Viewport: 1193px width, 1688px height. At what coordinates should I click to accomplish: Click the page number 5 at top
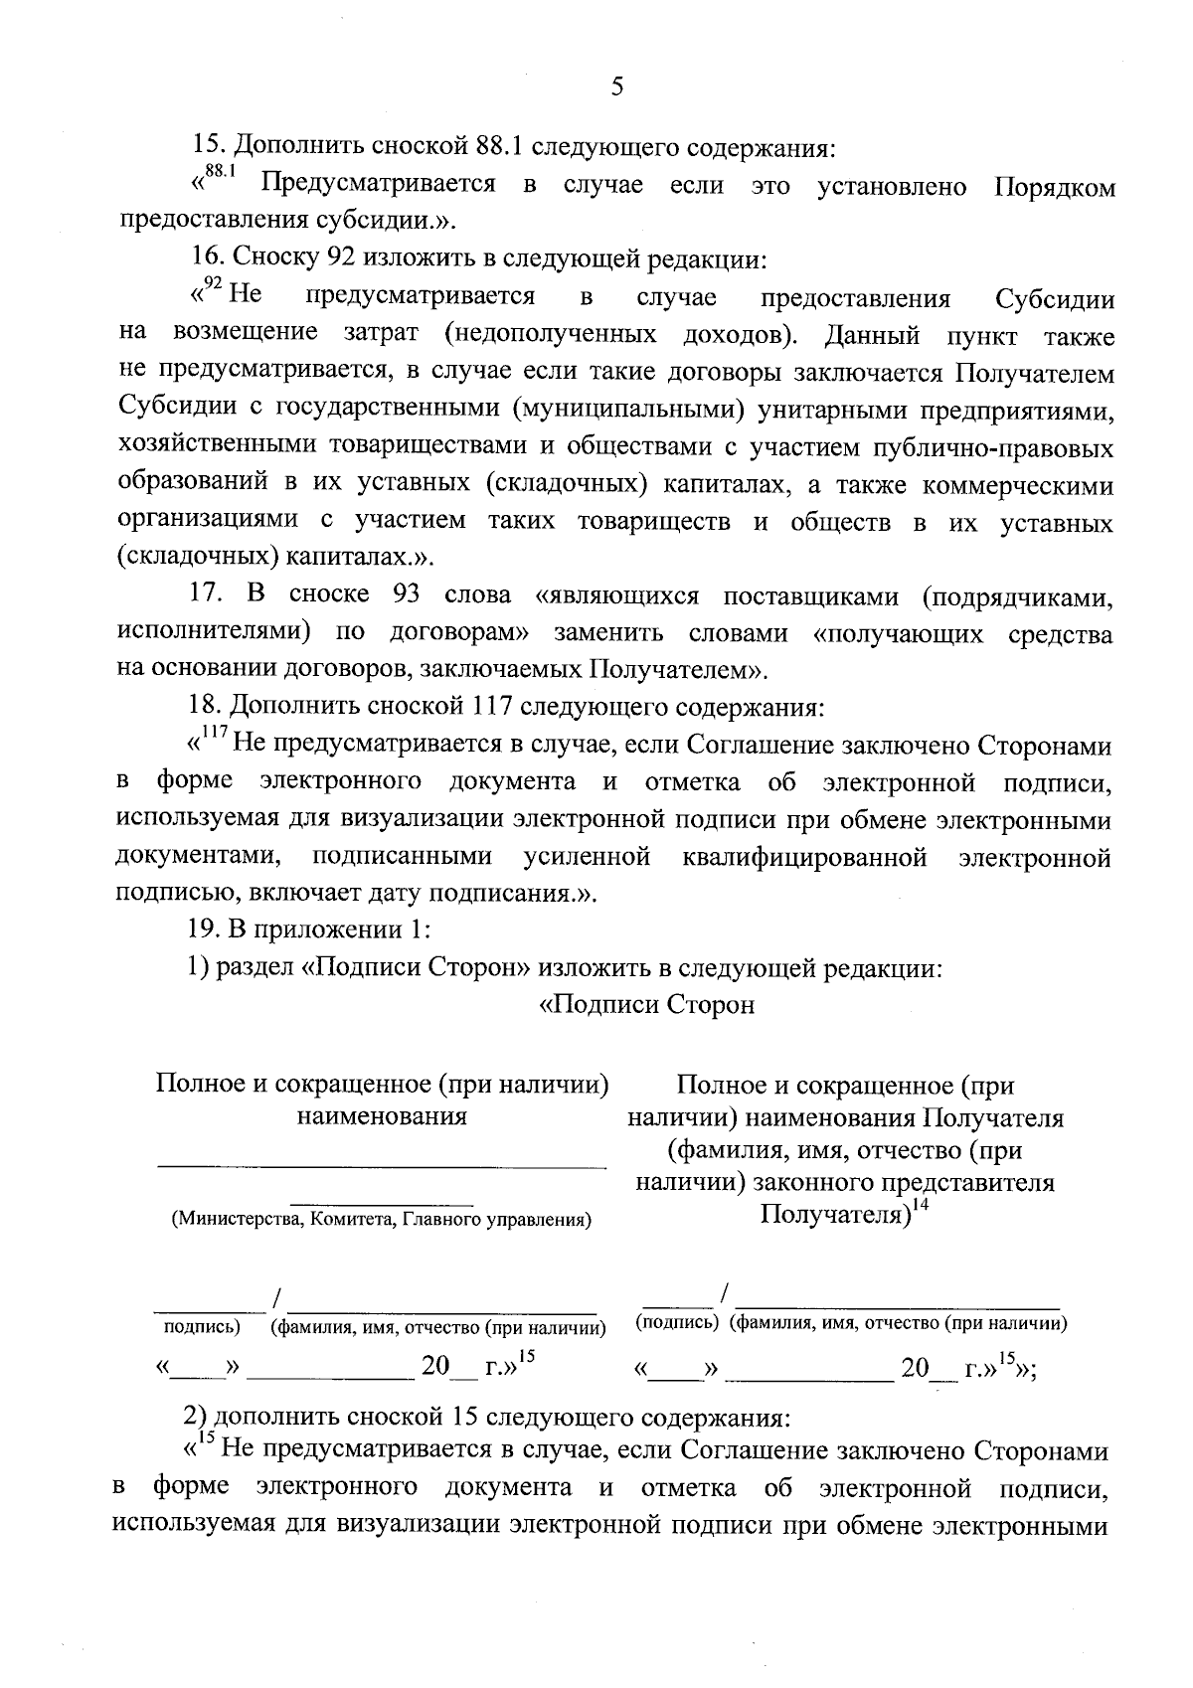(616, 87)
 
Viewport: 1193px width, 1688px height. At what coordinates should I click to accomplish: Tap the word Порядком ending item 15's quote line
(1055, 187)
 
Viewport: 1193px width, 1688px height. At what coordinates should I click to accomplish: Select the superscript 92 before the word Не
(210, 287)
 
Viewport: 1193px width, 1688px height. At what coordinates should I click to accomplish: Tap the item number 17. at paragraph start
(205, 595)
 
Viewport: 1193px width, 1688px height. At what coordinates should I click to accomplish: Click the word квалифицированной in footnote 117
(805, 857)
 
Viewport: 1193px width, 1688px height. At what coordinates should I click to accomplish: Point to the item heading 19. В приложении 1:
(309, 929)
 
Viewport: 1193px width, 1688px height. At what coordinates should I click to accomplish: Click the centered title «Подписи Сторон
(646, 1004)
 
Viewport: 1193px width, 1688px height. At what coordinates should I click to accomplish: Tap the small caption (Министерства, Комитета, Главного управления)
(381, 1219)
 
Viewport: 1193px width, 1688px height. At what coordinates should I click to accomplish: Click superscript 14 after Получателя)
(920, 1207)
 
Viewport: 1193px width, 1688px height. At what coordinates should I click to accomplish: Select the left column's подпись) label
(202, 1327)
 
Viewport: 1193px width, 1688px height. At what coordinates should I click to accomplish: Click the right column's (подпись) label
(676, 1323)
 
